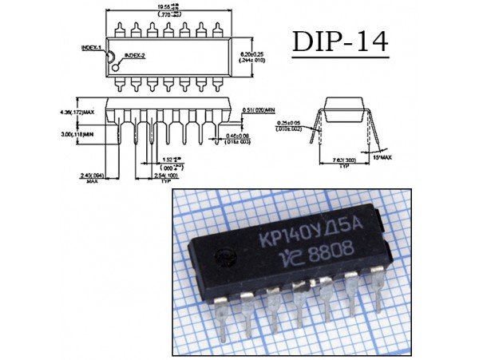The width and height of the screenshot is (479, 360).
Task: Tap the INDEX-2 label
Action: (134, 55)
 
